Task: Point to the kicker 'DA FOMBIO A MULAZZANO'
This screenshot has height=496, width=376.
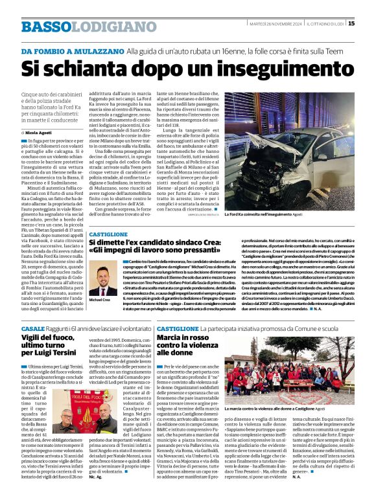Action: pyautogui.click(x=72, y=51)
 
